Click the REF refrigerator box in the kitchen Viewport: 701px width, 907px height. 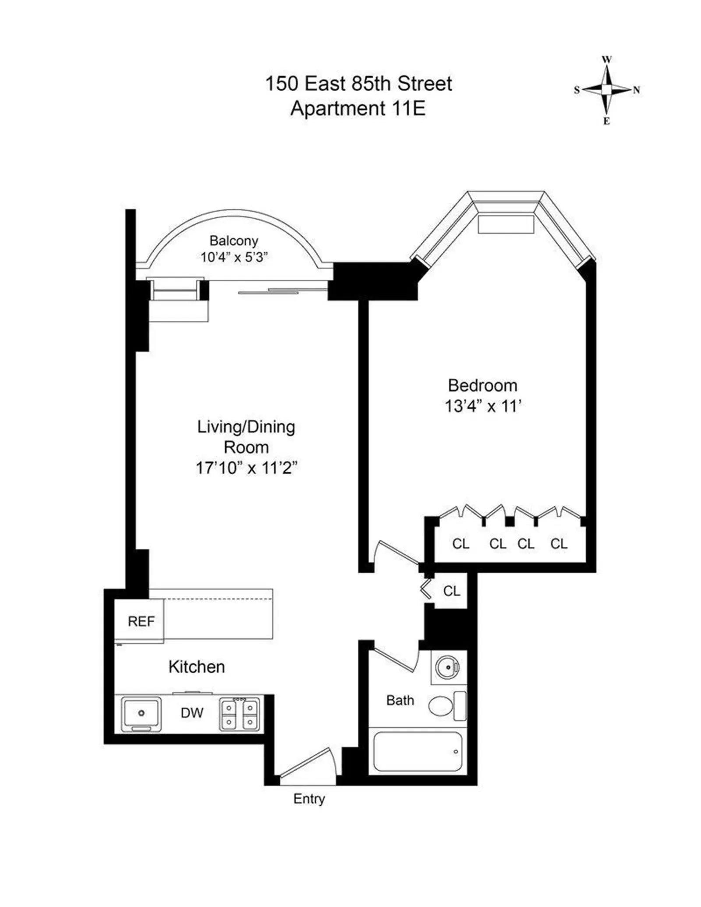140,621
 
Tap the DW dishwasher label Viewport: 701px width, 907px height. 192,713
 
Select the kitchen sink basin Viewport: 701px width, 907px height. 141,713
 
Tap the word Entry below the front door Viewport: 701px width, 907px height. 309,799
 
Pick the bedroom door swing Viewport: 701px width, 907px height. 394,554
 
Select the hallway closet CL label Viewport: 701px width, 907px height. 452,591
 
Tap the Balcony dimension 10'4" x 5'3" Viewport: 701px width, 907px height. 234,257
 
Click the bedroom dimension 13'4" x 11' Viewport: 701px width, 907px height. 482,406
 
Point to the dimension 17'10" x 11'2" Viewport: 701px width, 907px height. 246,468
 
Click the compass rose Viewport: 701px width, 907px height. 606,90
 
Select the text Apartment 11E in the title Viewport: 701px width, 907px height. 358,108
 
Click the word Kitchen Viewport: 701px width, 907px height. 197,667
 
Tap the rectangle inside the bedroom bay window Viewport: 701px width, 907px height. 506,224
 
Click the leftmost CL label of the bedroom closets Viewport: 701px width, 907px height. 460,544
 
